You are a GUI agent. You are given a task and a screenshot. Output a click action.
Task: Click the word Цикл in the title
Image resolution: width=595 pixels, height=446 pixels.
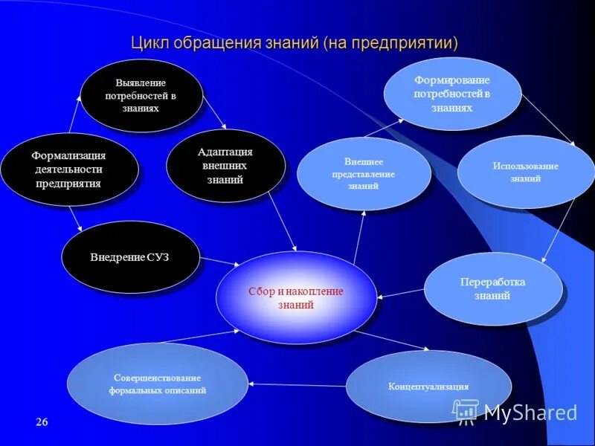click(150, 42)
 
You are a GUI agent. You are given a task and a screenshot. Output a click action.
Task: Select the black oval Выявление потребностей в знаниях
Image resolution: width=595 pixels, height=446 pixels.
click(141, 95)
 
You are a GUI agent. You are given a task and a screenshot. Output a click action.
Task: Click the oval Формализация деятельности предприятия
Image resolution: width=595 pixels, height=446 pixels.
click(68, 169)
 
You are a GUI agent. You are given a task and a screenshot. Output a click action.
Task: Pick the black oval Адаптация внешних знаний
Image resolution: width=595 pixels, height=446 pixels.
click(225, 166)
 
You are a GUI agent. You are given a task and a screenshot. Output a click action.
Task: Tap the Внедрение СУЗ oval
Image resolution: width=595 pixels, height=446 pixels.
click(130, 257)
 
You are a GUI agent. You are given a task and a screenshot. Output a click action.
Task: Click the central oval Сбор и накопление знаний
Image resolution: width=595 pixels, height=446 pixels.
click(296, 297)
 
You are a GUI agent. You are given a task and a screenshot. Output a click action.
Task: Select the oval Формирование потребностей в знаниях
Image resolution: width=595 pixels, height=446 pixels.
click(452, 94)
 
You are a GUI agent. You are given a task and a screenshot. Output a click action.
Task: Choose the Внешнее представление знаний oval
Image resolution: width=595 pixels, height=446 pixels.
click(364, 174)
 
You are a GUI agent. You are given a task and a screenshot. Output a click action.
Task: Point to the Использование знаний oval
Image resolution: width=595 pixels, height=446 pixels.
click(526, 172)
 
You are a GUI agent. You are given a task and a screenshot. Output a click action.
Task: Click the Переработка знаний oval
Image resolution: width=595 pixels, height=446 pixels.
click(492, 288)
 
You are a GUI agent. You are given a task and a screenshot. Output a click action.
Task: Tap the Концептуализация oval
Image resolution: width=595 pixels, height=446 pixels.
click(428, 387)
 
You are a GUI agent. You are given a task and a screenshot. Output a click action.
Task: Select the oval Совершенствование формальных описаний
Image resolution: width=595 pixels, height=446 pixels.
click(157, 384)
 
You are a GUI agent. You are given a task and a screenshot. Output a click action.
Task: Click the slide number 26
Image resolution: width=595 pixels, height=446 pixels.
click(42, 422)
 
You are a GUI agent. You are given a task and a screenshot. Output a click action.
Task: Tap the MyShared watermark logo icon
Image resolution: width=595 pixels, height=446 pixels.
click(466, 411)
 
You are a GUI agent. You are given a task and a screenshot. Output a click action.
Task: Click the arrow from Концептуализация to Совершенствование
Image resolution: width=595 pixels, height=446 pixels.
click(297, 384)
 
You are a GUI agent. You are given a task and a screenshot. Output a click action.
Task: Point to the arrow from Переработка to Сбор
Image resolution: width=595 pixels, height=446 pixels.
click(402, 293)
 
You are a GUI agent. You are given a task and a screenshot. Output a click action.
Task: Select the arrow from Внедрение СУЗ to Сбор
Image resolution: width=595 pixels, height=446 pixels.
click(219, 261)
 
